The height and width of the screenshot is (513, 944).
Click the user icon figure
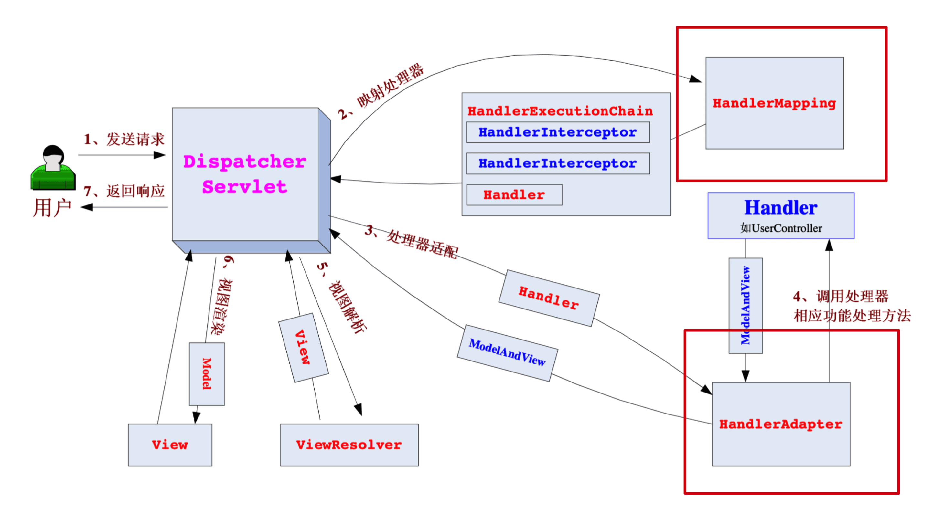coord(53,168)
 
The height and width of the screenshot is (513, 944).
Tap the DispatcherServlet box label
coord(244,174)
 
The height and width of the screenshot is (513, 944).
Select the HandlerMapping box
coord(774,103)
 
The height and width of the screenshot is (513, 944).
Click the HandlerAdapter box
coord(780,424)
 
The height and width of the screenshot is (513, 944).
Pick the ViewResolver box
coord(349,445)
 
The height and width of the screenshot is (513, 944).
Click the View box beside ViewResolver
coord(170,445)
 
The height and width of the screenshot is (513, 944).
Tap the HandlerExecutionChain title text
coord(560,111)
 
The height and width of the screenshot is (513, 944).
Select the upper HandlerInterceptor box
coord(557,132)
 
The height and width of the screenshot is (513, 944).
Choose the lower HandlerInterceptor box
coord(557,163)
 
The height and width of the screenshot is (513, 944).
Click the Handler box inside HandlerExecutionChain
coord(514,195)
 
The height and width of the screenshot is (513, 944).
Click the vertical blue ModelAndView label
coord(746,305)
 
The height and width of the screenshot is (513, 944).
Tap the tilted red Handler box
coord(549,298)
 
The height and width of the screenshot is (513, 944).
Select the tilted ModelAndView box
coord(507,353)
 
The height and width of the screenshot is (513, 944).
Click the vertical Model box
coord(207,374)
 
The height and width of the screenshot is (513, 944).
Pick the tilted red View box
coord(303,348)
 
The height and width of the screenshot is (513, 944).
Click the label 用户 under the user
coord(52,208)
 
